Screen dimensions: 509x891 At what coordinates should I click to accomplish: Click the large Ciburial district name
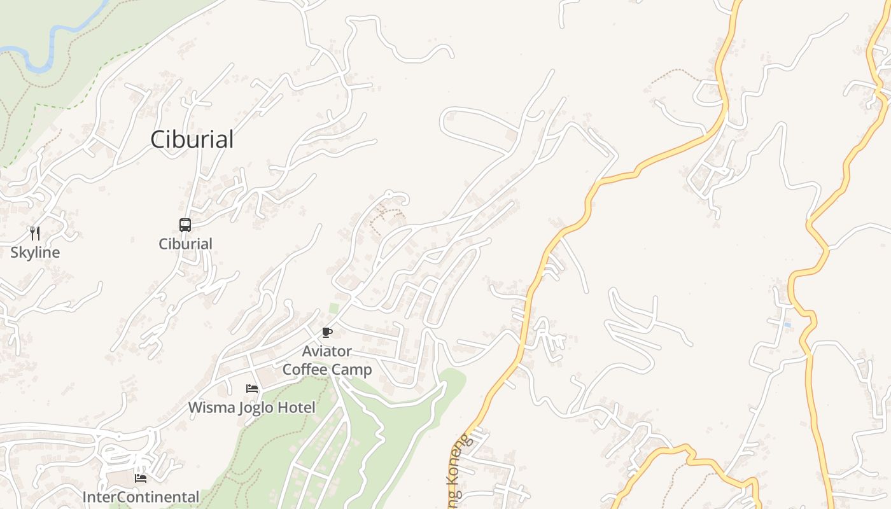[x=192, y=139]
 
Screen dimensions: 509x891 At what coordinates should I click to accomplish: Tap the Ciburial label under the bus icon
[x=185, y=244]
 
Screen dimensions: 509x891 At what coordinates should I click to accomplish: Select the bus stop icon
[x=185, y=225]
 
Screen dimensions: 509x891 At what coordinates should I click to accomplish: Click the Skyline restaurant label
[x=35, y=253]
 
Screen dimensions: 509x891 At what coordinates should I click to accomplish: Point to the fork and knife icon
[x=35, y=234]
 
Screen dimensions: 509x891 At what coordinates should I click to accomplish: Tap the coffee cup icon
[x=326, y=332]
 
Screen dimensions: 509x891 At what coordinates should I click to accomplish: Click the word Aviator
[x=326, y=351]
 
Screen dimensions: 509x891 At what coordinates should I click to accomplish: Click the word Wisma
[x=211, y=407]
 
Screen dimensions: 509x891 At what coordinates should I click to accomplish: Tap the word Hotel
[x=300, y=407]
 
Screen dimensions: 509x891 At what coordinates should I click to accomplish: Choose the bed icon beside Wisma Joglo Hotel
[x=252, y=388]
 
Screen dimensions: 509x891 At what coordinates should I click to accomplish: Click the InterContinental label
[x=141, y=497]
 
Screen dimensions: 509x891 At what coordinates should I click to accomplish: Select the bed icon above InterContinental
[x=141, y=478]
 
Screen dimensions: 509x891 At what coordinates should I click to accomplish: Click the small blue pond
[x=788, y=325]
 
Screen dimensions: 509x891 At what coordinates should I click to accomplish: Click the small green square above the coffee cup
[x=334, y=309]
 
